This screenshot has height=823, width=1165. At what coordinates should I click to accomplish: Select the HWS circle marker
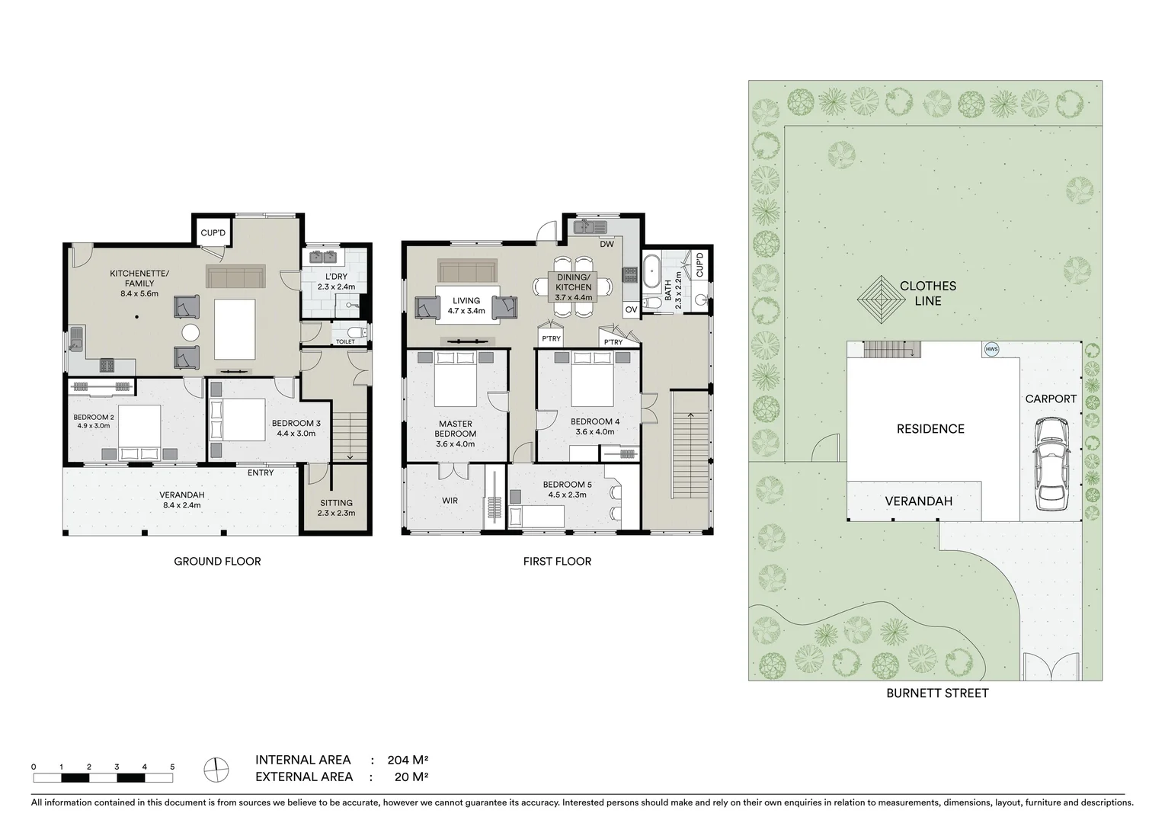point(991,349)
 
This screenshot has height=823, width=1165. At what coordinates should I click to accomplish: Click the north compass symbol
point(216,769)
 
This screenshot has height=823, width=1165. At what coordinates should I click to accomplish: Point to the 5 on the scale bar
point(172,767)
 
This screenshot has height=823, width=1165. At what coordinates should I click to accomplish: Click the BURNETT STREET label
point(936,693)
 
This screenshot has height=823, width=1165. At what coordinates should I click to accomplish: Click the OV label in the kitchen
point(631,309)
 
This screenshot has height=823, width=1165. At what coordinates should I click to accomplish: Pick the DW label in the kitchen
point(607,245)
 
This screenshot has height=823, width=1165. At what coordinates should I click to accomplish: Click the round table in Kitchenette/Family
point(190,333)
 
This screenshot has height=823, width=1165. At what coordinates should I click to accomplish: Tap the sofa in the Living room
point(466,273)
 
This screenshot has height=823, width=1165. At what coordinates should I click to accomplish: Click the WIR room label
point(450,501)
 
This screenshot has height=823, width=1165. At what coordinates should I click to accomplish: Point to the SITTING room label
point(336,503)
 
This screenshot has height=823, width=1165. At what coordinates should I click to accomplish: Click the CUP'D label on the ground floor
point(213,232)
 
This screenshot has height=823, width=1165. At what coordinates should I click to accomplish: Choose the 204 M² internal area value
point(408,760)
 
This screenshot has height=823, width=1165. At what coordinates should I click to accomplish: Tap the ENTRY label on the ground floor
point(261,473)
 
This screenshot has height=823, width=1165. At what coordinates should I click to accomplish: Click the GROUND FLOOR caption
point(217,562)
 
